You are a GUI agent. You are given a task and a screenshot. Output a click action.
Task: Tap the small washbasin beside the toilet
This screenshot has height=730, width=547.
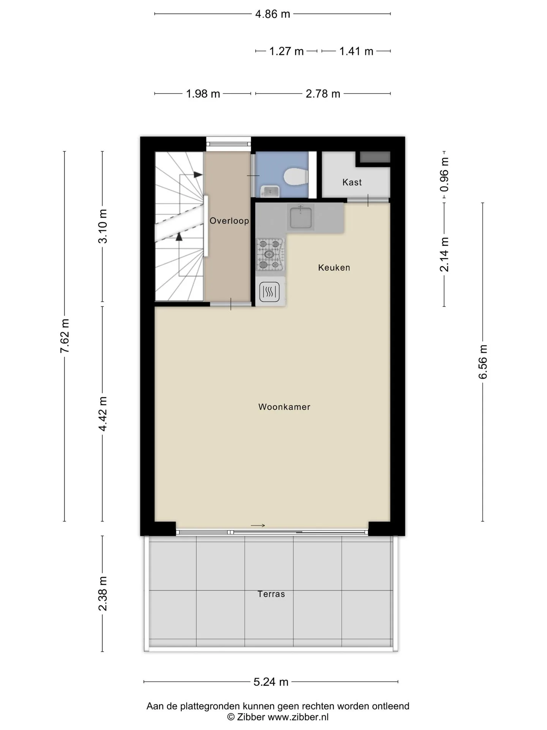[x=270, y=191]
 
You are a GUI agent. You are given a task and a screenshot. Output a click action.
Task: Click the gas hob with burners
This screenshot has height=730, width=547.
[x=270, y=254]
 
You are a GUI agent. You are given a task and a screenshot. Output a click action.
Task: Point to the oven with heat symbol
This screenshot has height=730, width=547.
[x=270, y=292]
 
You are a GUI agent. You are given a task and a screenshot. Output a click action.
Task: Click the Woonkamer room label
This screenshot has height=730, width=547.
[x=284, y=407]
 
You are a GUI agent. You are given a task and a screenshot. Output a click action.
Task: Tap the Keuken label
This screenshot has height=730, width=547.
[x=334, y=268]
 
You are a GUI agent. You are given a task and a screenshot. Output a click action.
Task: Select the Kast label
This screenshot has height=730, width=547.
[x=352, y=182]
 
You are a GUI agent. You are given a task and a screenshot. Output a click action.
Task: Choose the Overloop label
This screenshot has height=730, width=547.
[x=229, y=221]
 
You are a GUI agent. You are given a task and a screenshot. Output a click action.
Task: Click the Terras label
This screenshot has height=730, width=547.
[x=271, y=594]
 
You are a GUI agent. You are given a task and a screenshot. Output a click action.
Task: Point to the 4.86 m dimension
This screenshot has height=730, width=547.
[x=273, y=14]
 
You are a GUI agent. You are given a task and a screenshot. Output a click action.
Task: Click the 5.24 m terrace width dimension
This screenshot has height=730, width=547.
[x=271, y=682]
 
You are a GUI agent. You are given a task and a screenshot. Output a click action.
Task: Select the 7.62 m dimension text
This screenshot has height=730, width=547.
[x=65, y=336]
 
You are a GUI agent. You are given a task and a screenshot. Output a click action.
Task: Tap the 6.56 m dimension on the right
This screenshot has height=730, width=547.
[x=483, y=362]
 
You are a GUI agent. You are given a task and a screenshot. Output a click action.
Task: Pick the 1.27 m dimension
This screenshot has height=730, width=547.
[x=286, y=51]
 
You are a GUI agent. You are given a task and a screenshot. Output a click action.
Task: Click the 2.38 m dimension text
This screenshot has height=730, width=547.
[x=103, y=594]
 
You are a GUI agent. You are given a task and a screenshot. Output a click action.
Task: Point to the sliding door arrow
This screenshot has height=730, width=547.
[x=258, y=525]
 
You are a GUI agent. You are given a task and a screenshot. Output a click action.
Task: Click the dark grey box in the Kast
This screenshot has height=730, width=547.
[x=375, y=157]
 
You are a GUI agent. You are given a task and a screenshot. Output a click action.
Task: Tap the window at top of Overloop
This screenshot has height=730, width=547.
[x=229, y=144]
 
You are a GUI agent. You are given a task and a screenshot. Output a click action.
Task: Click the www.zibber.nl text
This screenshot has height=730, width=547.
[x=298, y=717]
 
